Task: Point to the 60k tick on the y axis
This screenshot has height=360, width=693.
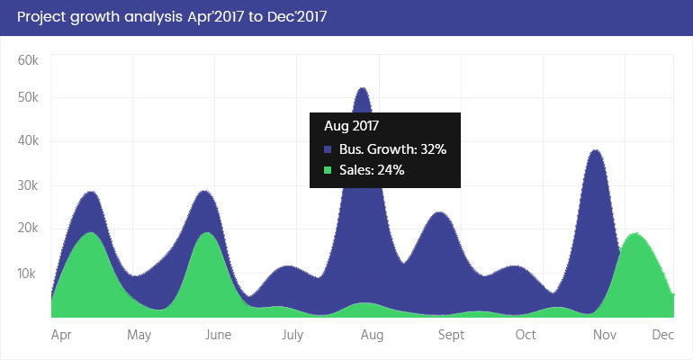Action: (27, 60)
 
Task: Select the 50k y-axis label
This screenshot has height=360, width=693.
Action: (27, 97)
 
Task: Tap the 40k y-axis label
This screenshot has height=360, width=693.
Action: (27, 141)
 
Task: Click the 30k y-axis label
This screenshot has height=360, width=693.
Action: (27, 186)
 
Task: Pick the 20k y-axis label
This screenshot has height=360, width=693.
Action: (27, 229)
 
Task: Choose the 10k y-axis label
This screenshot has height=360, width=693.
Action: (27, 273)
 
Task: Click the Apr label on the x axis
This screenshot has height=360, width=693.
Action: (61, 336)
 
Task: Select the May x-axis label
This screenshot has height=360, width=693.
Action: (139, 336)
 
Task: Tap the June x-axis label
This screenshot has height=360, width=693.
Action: (218, 336)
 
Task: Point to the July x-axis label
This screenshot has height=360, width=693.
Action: (292, 336)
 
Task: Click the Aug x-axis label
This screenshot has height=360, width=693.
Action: (372, 336)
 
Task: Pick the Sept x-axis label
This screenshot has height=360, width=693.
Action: (451, 336)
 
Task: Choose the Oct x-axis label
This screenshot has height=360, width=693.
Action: (526, 336)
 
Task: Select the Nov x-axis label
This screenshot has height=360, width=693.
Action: (604, 336)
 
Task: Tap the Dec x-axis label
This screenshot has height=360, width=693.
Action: (663, 336)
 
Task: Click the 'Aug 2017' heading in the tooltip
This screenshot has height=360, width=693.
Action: (352, 126)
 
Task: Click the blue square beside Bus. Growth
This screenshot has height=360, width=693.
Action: (328, 149)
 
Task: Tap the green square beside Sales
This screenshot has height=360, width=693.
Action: (328, 169)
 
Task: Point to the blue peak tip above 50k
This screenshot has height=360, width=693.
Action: (363, 88)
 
